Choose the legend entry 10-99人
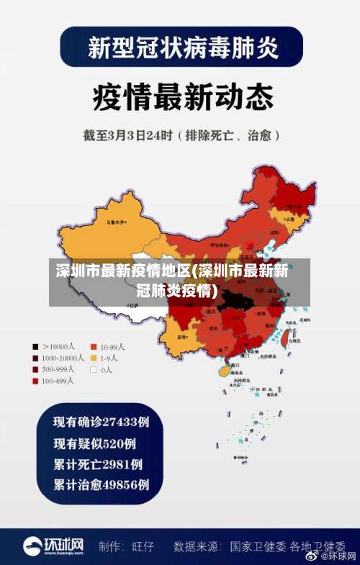112,346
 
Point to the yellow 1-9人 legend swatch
94,358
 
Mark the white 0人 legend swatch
94,369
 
